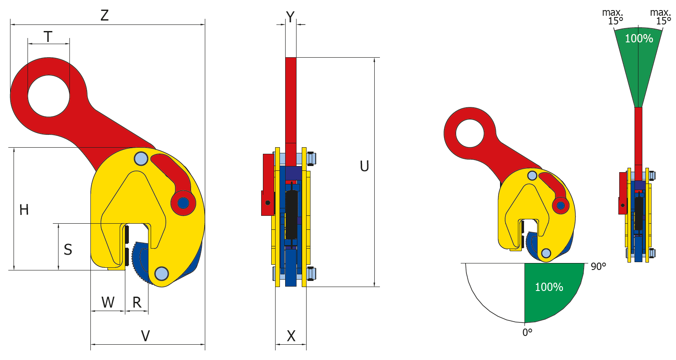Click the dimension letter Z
coord(104,15)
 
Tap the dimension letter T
coord(48,37)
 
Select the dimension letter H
coord(24,210)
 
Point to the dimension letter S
coord(68,249)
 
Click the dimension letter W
coord(108,302)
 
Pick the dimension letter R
coord(137,302)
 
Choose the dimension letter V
coord(145,336)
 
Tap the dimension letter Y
coord(290,17)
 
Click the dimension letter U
coord(364,166)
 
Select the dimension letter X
coord(291,336)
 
